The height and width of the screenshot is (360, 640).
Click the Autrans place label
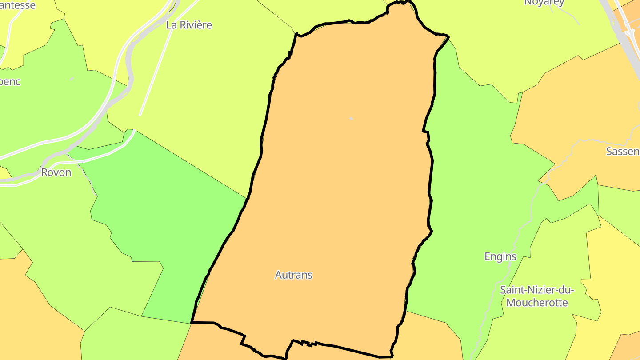coord(294,275)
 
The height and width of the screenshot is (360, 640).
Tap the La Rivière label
coord(189,25)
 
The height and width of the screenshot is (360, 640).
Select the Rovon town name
coord(56,172)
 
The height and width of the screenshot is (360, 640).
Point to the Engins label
coord(500,256)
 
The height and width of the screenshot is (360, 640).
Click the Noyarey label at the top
coord(544,3)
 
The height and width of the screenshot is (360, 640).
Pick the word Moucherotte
coord(537,303)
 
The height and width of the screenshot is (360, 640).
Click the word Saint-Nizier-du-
coord(537,290)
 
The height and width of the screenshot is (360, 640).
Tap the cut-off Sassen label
coord(623,152)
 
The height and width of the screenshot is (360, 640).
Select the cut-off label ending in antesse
coord(18,5)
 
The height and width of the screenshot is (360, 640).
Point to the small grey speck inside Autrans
coord(351,119)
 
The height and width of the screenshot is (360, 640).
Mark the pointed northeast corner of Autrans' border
coord(448,36)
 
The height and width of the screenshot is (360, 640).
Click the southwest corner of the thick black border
coord(192,323)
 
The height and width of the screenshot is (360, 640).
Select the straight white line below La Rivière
coord(156,71)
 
